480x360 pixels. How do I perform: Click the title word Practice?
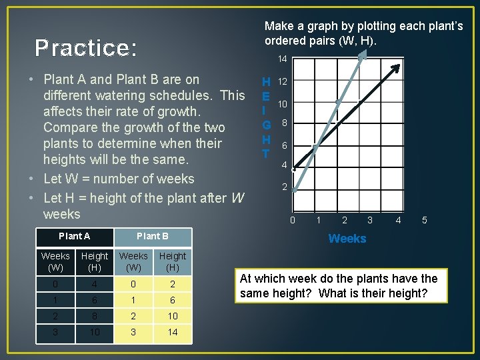(x=86, y=48)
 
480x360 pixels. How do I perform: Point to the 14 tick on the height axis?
(x=282, y=59)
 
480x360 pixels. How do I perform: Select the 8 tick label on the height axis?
(x=284, y=123)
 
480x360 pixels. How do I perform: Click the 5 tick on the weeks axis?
(x=425, y=220)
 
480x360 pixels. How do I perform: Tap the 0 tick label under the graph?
(x=292, y=220)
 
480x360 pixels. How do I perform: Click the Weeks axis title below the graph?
(x=347, y=239)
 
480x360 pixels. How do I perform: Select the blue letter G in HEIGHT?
(x=266, y=125)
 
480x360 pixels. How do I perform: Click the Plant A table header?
(x=75, y=236)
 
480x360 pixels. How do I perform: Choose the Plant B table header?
(x=153, y=236)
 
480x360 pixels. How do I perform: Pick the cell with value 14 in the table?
(x=173, y=332)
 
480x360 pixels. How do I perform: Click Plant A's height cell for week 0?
(x=94, y=284)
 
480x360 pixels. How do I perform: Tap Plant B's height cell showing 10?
(x=173, y=316)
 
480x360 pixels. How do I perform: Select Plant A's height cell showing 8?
(x=94, y=316)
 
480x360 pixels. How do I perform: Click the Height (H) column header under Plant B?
(x=173, y=261)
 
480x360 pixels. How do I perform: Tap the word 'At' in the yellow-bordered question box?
(x=247, y=279)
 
